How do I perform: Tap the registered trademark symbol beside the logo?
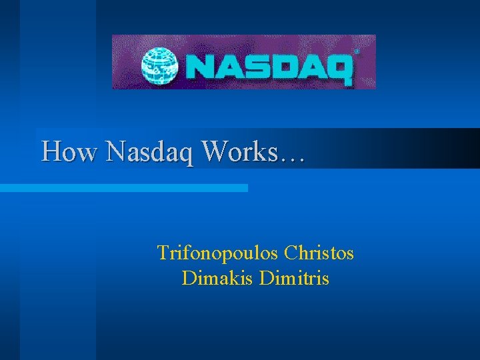pyautogui.click(x=357, y=51)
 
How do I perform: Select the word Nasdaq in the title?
pyautogui.click(x=151, y=153)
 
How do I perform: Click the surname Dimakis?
pyautogui.click(x=217, y=278)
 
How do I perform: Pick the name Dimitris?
pyautogui.click(x=293, y=278)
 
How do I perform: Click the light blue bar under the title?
pyautogui.click(x=124, y=189)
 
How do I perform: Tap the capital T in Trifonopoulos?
pyautogui.click(x=162, y=253)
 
